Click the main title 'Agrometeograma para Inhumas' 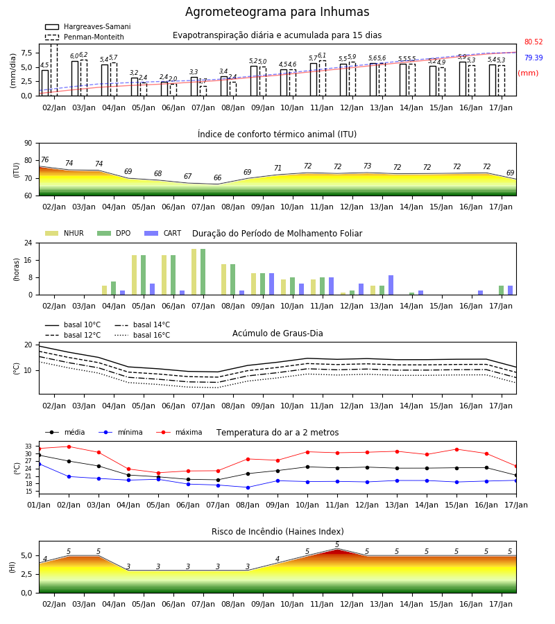(277, 12)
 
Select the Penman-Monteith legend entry (85, 37)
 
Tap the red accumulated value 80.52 (533, 42)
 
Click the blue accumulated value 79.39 (533, 58)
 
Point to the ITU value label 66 (217, 177)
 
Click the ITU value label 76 (44, 159)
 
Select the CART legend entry (163, 233)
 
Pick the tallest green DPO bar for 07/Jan (203, 272)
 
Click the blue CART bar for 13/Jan (391, 285)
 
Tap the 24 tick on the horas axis (28, 243)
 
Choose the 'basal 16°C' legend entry (142, 335)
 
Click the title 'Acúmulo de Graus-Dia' (277, 333)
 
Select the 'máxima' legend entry (179, 432)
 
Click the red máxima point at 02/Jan (69, 447)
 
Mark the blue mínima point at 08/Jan (248, 487)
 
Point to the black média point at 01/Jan (39, 455)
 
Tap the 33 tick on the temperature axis (28, 446)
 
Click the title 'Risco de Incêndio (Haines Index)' (277, 532)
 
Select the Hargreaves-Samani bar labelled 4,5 (45, 83)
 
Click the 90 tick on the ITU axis (28, 144)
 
